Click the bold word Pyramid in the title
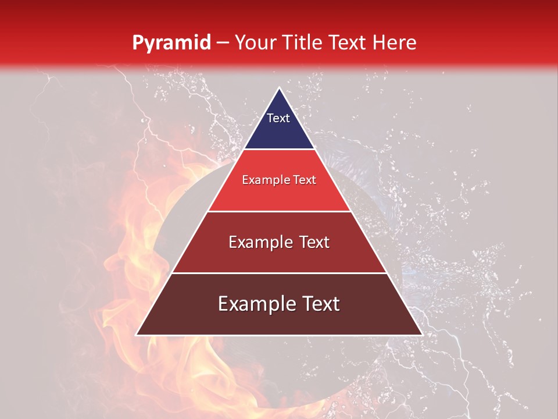click(171, 42)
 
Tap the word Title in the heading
click(303, 42)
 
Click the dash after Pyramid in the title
click(223, 43)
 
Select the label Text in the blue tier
click(278, 118)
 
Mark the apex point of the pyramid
click(279, 88)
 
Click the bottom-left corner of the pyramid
click(137, 335)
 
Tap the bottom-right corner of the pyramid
click(421, 335)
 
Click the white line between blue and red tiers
click(279, 149)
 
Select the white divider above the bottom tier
click(279, 273)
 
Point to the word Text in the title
click(349, 42)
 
